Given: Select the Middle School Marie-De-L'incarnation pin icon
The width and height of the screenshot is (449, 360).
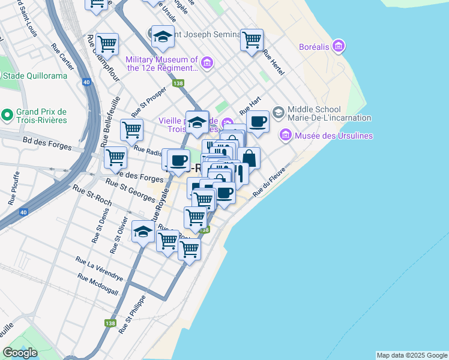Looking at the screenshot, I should click(x=279, y=112).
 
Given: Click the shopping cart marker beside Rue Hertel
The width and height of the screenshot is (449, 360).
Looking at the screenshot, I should click(x=252, y=40).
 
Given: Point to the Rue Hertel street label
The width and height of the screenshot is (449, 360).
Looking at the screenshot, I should click(x=273, y=62).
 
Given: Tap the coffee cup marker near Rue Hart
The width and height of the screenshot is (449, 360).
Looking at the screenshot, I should click(x=258, y=122).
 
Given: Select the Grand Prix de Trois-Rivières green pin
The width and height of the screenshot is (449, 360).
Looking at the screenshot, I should click(x=7, y=114).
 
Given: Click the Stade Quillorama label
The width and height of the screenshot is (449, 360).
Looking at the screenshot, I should click(x=28, y=76).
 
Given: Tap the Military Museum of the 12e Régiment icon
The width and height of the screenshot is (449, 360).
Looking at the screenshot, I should click(x=207, y=62).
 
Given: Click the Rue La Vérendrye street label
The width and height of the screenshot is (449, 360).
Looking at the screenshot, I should click(x=99, y=269).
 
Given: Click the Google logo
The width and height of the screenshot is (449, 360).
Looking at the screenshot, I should click(x=20, y=353).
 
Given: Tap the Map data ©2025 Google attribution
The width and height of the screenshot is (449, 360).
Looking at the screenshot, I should click(x=412, y=355).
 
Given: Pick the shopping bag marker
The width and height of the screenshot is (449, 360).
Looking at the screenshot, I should click(x=249, y=158).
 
